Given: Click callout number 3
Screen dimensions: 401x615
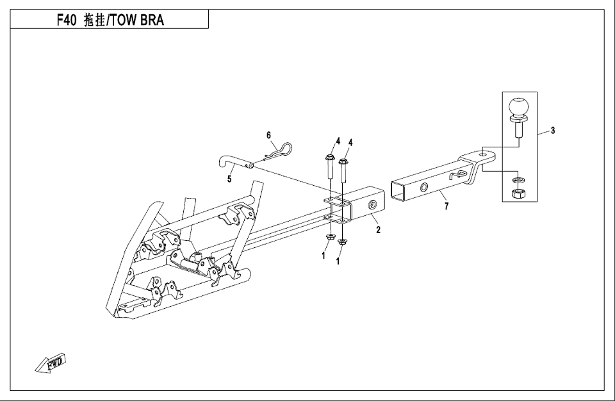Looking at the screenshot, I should coord(553,131).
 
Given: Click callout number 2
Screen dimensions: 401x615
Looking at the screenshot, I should coord(378,230).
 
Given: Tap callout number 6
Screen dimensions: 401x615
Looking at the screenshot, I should coord(270,135).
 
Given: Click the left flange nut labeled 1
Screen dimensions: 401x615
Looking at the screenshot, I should coord(329,238).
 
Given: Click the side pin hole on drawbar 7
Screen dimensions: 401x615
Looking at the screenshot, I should coord(423,188).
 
